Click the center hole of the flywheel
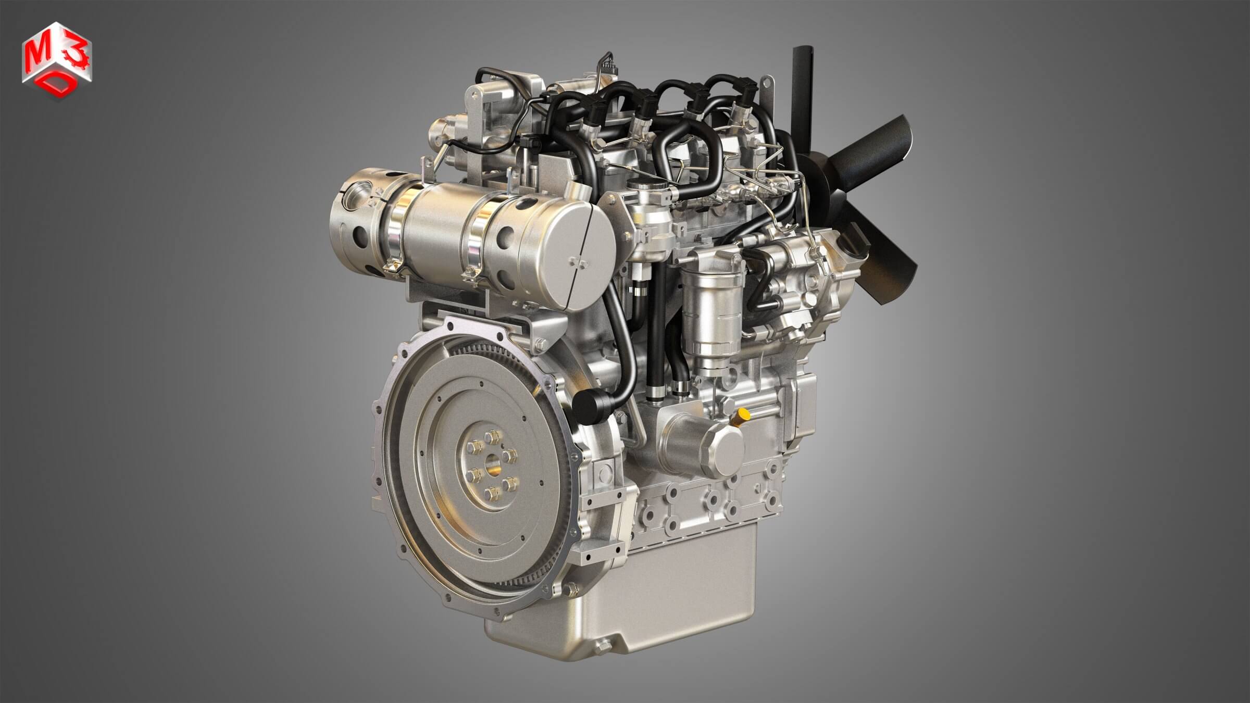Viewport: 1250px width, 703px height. click(491, 462)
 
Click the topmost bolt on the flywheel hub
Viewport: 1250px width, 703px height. click(491, 436)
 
